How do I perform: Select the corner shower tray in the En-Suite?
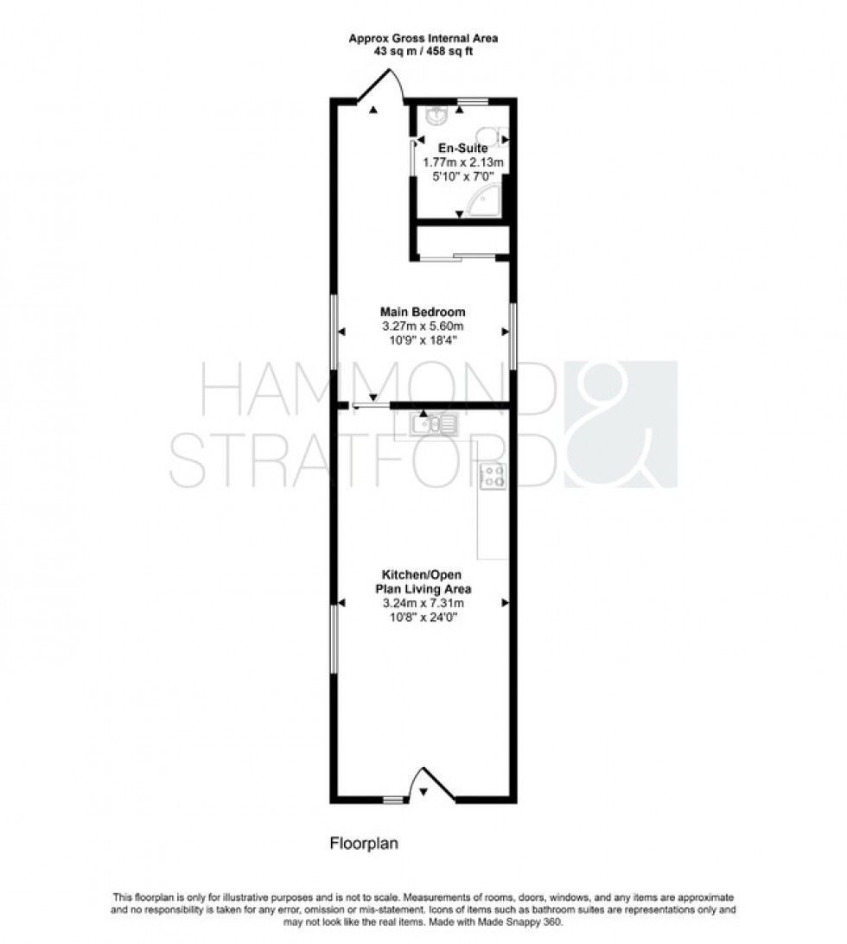(484, 202)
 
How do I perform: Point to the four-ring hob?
(494, 476)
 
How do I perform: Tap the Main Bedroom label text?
(423, 312)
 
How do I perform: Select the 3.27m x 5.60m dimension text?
(423, 326)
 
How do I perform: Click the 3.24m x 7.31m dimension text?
(423, 604)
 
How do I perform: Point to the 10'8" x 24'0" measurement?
(423, 618)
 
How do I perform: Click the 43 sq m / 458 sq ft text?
(423, 52)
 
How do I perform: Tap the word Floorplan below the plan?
(364, 844)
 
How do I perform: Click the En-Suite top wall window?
(473, 102)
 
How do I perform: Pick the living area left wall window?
(334, 637)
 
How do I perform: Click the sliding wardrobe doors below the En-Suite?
(458, 256)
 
